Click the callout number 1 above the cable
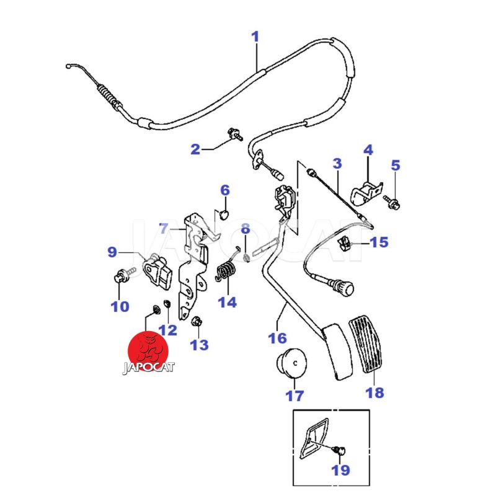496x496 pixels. click(255, 37)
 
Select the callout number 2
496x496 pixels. click(195, 149)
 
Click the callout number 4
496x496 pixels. click(368, 150)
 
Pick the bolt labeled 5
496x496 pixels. click(392, 201)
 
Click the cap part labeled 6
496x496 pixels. click(225, 214)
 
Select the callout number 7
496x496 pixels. click(163, 228)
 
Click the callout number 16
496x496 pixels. click(277, 338)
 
